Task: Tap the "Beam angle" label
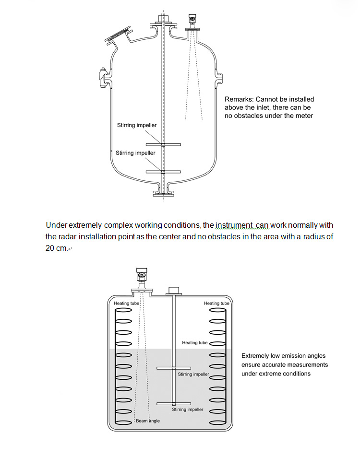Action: coord(147,421)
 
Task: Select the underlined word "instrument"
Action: coord(234,225)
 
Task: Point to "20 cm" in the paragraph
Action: coord(56,248)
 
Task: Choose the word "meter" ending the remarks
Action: coord(303,116)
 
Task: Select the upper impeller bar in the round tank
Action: coord(163,144)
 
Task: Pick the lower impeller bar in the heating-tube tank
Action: coord(174,403)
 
